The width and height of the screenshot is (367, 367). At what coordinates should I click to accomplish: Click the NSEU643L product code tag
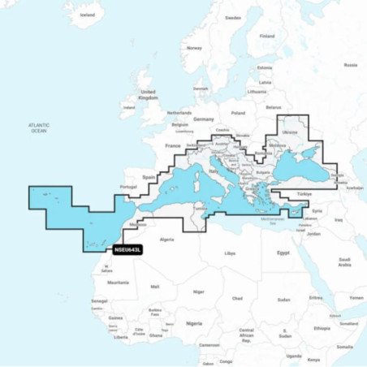coord(128,250)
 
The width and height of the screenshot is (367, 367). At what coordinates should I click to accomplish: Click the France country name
coord(173,145)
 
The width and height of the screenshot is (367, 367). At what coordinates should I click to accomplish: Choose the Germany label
coord(204,119)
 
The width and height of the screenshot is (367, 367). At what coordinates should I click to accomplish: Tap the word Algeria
coord(166,239)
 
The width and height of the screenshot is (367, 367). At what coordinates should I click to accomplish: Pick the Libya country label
coord(230,253)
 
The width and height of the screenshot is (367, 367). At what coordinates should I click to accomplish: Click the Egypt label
coord(283,253)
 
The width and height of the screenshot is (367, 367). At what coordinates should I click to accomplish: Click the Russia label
coord(350,65)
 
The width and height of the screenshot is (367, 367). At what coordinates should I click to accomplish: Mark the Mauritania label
coord(118,282)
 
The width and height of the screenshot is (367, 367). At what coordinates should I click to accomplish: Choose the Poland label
coord(238,113)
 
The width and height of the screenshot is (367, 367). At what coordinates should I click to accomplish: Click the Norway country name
coord(194,48)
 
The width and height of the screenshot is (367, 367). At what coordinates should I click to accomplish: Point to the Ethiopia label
coord(322,328)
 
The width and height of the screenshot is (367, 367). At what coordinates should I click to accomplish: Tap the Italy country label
coord(214,172)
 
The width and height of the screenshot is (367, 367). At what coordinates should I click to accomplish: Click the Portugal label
coord(128,187)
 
